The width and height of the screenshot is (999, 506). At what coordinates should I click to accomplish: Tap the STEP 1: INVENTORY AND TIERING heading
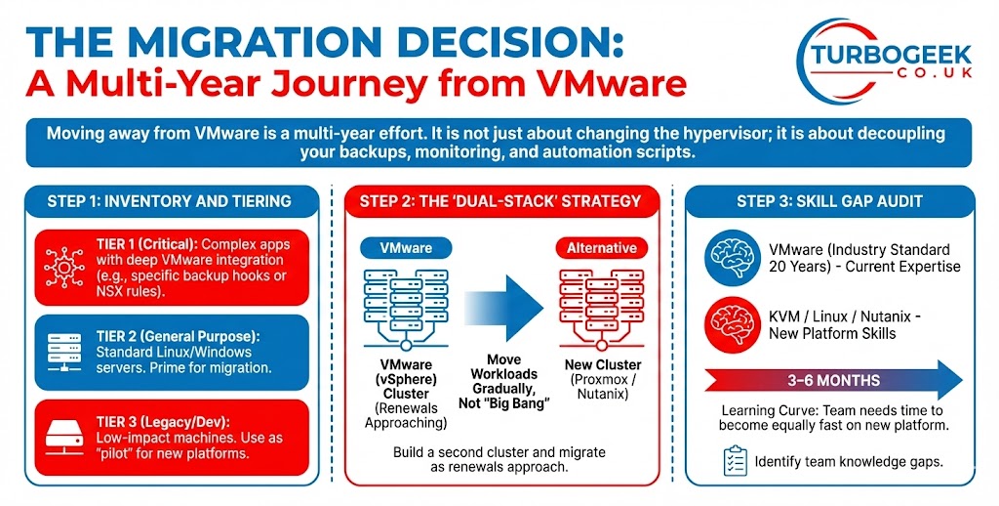click(x=169, y=201)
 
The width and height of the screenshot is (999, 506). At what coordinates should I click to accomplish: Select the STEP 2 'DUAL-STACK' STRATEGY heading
click(x=500, y=201)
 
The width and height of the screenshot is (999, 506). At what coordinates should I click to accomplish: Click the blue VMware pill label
click(x=405, y=248)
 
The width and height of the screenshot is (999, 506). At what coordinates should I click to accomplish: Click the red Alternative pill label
click(x=601, y=248)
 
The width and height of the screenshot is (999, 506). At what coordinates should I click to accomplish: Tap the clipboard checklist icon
click(x=735, y=460)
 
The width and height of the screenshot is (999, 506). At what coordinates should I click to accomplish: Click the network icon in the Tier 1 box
click(x=60, y=262)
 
